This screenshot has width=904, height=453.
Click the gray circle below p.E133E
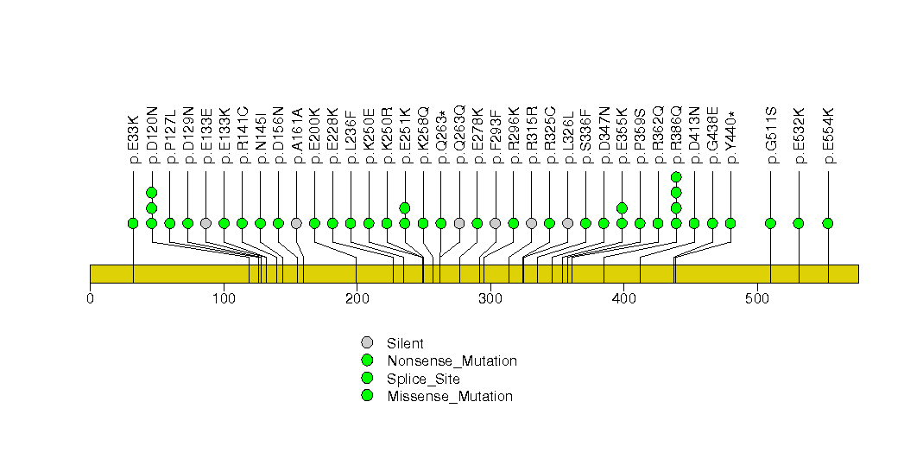point(205,223)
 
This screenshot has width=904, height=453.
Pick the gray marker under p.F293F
point(495,223)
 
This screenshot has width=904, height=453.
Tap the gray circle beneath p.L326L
point(567,223)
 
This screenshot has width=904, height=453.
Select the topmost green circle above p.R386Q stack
point(676,177)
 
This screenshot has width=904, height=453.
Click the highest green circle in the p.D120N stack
point(151,193)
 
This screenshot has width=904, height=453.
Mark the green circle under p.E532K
point(799,223)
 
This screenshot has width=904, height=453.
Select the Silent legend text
point(405,344)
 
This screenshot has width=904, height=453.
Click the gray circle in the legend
point(367,343)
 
